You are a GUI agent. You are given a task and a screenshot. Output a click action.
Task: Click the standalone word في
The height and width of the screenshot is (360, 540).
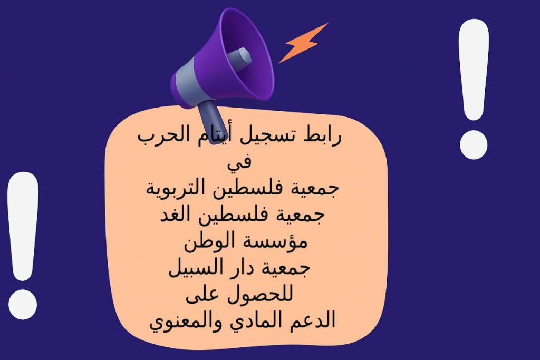click(240, 163)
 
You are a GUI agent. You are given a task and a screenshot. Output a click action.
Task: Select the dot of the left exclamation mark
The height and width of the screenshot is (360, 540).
click(23, 301)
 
